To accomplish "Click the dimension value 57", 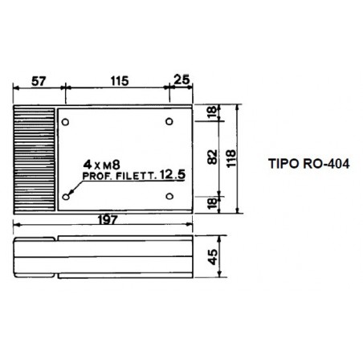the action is (39, 81).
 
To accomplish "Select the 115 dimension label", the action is (120, 81).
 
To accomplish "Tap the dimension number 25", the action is (181, 80).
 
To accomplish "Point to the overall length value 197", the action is (108, 220).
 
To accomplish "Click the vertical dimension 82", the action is (213, 157).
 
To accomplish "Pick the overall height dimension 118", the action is (231, 158).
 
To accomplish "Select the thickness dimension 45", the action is (213, 257).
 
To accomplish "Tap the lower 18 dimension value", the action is (212, 203).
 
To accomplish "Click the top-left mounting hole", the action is (65, 122).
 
